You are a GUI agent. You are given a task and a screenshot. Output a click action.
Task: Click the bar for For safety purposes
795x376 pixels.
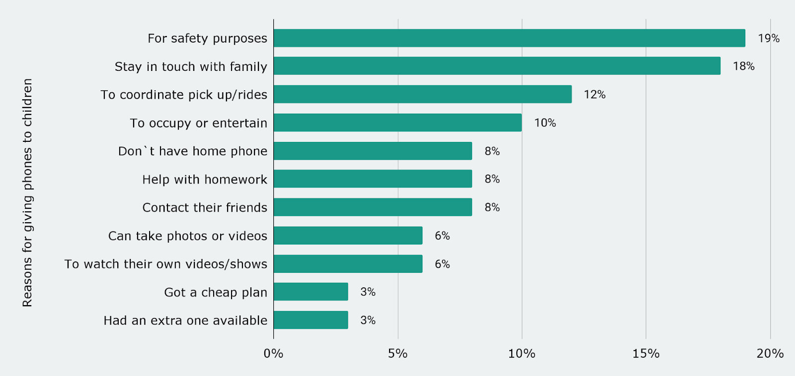(x=509, y=38)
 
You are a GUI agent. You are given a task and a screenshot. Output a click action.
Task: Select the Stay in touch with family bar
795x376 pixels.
(x=497, y=66)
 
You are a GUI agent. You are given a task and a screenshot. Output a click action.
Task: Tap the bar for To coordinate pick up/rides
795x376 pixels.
(x=422, y=94)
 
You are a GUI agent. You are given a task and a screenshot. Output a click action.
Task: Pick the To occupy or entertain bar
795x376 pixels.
(x=397, y=123)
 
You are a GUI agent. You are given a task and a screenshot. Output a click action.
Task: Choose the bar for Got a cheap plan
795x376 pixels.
(x=311, y=292)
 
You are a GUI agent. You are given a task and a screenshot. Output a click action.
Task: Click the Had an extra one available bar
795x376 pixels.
(x=311, y=320)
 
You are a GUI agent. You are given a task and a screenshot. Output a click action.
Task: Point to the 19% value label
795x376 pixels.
(x=768, y=38)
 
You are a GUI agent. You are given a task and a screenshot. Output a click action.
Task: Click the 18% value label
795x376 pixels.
(x=743, y=66)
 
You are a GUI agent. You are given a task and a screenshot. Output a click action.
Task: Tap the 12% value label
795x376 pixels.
(x=594, y=94)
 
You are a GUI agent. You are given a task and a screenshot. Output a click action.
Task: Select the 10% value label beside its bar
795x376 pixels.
(x=545, y=123)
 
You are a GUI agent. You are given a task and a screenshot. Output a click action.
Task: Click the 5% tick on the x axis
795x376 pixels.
(x=397, y=354)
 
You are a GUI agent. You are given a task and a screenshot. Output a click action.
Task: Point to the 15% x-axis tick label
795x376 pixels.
(x=646, y=354)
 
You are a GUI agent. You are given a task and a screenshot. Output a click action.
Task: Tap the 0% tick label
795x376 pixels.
(x=273, y=354)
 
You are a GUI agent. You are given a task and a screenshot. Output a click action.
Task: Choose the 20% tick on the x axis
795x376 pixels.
(x=770, y=354)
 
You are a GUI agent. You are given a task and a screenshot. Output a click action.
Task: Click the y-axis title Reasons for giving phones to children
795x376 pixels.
(x=27, y=192)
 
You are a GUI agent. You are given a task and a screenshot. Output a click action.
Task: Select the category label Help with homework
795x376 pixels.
(x=205, y=180)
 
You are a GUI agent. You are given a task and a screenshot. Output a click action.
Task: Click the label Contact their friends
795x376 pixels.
(x=205, y=207)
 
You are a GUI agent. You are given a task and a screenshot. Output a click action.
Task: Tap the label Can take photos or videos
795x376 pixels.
(x=188, y=236)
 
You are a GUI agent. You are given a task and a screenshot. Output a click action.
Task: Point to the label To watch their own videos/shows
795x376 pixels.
(x=166, y=264)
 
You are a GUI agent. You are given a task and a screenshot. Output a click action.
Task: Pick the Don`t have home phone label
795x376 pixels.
(x=193, y=151)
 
